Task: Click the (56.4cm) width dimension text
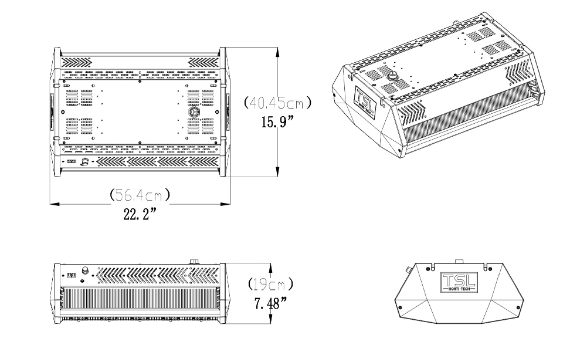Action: tap(140, 194)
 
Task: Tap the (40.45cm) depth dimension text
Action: tap(277, 103)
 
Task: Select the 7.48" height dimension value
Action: tap(270, 304)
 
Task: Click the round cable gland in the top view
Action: tap(193, 111)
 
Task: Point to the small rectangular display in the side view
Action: tap(72, 274)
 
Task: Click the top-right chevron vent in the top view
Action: tap(202, 61)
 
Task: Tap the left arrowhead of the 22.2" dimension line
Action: tap(53, 204)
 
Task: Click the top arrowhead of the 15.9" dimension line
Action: tap(276, 50)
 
